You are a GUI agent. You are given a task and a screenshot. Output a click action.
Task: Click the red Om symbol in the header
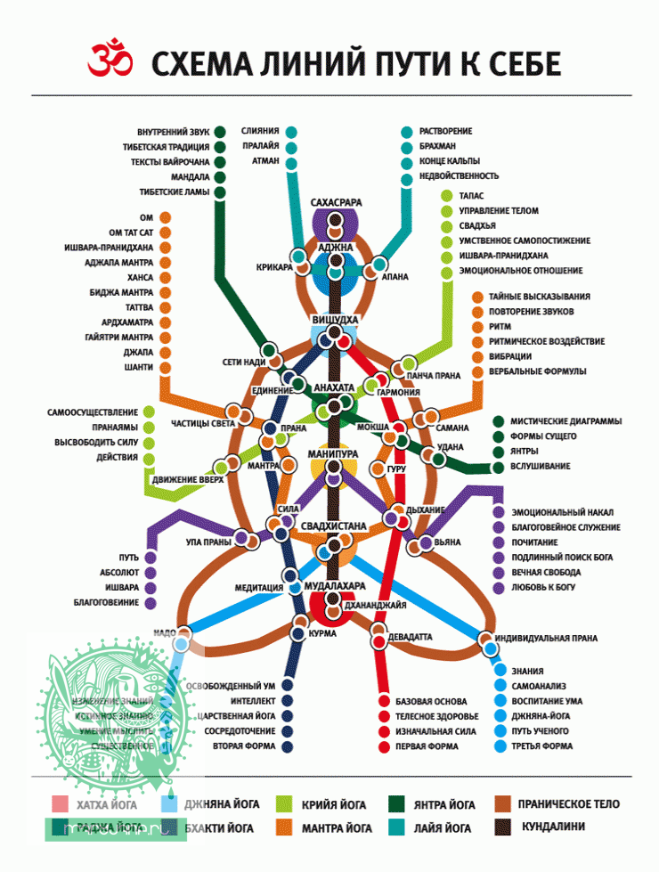tap(109, 60)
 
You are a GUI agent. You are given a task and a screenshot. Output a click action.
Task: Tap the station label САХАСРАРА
tap(336, 203)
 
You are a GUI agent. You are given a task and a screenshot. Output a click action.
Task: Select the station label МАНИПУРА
tap(332, 454)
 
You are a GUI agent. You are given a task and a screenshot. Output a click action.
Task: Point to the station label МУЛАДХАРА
tap(335, 586)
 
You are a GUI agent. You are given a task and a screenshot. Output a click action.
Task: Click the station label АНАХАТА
tap(334, 387)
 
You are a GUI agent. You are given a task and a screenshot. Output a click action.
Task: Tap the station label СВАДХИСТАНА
tap(334, 526)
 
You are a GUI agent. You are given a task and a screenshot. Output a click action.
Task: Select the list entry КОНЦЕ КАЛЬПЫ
tap(452, 161)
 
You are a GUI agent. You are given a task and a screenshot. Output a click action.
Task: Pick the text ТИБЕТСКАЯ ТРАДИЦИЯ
tap(167, 147)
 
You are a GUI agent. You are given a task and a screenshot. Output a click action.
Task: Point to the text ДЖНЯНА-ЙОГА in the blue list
tap(541, 716)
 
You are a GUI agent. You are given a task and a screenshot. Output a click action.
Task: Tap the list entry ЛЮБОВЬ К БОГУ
tap(543, 588)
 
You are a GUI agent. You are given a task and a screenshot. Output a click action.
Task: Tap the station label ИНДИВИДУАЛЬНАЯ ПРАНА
tap(547, 639)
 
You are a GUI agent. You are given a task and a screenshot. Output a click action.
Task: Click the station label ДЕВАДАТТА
tap(411, 638)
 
